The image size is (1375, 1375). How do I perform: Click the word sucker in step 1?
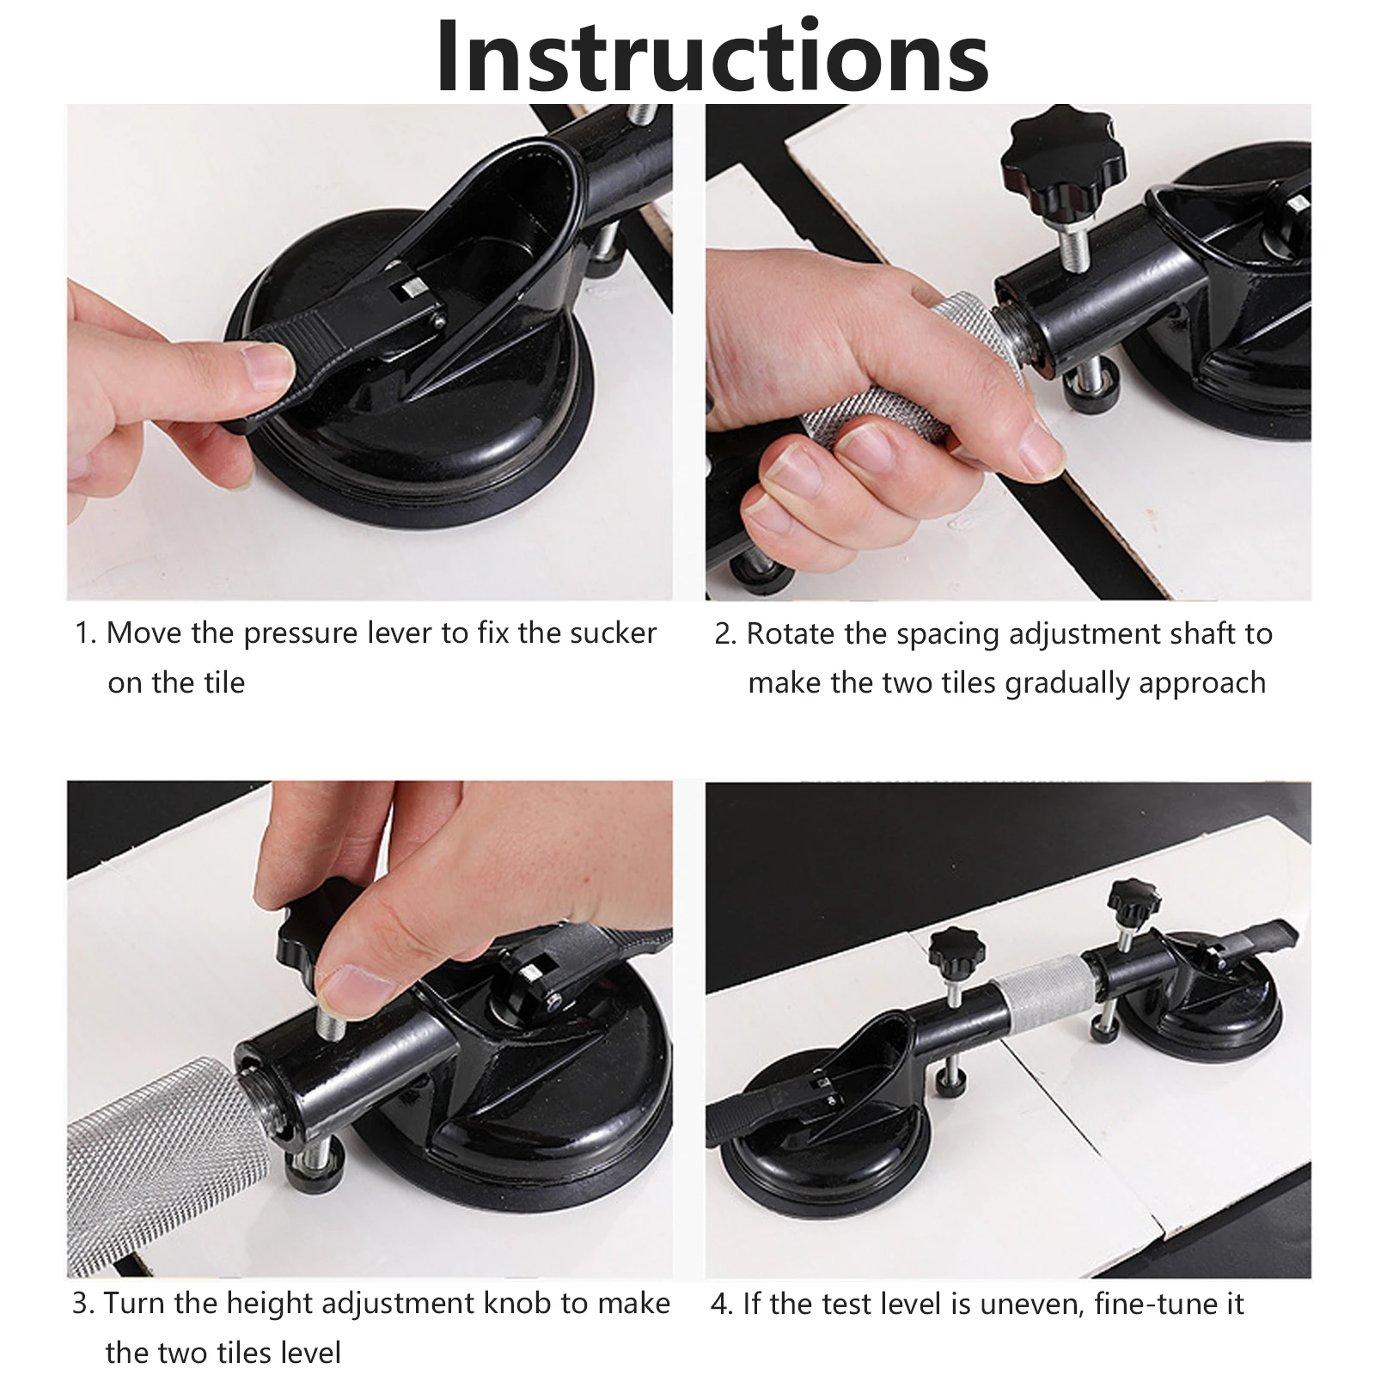point(613,633)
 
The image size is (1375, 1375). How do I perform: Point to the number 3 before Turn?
point(83,1304)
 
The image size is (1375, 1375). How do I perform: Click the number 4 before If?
point(721,1305)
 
